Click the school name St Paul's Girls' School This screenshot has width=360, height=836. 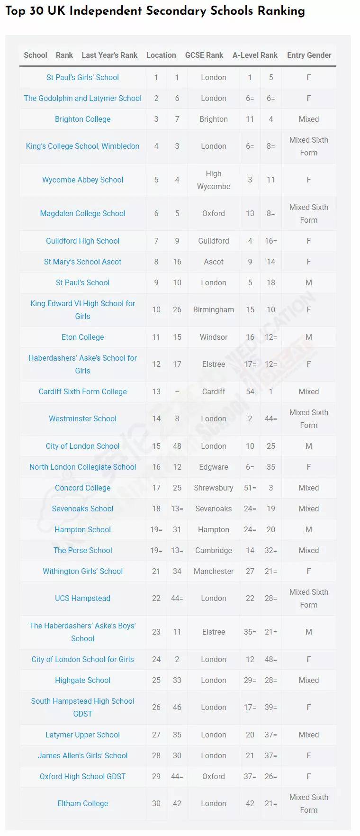tap(82, 77)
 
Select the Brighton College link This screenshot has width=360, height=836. tap(82, 119)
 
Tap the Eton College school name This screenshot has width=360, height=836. tap(82, 337)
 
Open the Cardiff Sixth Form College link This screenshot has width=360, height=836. tap(82, 391)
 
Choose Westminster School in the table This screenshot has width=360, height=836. tap(82, 418)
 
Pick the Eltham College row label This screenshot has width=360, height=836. tap(82, 803)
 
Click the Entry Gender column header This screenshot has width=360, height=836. tap(309, 55)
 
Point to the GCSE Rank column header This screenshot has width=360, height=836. tap(204, 55)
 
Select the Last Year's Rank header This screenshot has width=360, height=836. tap(109, 55)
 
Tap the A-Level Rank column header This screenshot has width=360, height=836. tap(255, 55)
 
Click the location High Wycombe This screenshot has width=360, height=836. tap(214, 180)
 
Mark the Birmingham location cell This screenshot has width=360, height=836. tap(214, 309)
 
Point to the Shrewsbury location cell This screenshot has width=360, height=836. tap(214, 488)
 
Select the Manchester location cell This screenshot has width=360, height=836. tap(214, 571)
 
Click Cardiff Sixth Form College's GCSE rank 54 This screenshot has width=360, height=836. tap(250, 391)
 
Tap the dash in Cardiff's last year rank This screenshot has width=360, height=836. tap(177, 391)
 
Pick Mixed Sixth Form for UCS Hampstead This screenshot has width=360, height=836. tap(309, 598)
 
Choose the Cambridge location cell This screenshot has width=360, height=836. tap(214, 550)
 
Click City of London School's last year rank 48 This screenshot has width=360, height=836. tap(177, 446)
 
